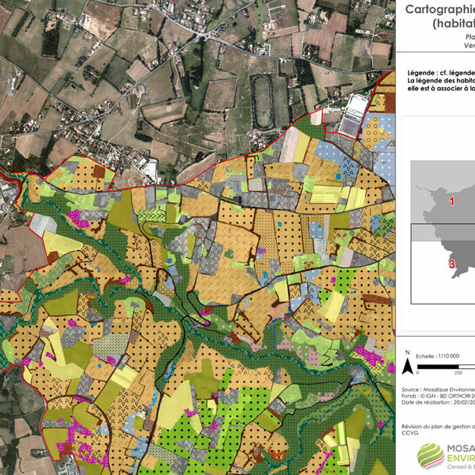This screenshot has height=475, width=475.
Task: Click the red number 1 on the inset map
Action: (451, 201)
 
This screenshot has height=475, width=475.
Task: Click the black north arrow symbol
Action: (407, 367)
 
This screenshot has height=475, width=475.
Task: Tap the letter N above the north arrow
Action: (407, 354)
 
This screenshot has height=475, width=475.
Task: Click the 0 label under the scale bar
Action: (419, 373)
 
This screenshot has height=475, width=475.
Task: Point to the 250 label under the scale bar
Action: (458, 373)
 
